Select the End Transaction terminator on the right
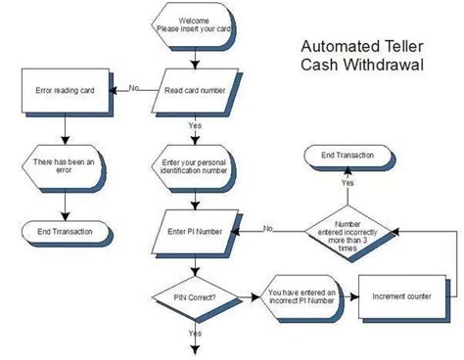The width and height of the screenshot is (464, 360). click(x=348, y=155)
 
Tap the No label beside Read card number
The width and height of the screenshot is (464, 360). click(x=134, y=89)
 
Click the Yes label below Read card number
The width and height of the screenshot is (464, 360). click(x=195, y=125)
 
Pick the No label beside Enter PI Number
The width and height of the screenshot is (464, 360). click(x=266, y=229)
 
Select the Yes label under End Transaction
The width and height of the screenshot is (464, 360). click(x=348, y=182)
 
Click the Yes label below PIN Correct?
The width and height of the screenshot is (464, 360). click(x=195, y=333)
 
